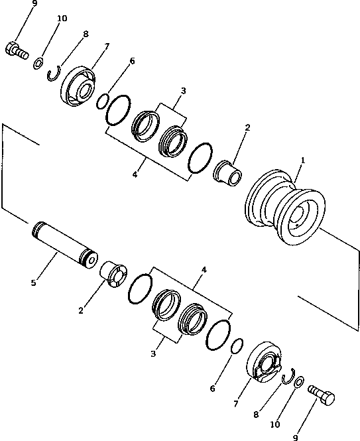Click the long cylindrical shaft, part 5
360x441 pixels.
64,243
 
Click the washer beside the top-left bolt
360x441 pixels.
38,64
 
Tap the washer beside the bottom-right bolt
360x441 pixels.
299,383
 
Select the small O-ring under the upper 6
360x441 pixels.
102,101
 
